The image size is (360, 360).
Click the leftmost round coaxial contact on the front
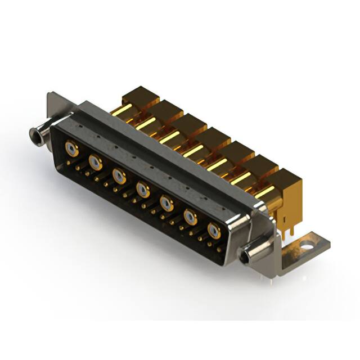71,149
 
